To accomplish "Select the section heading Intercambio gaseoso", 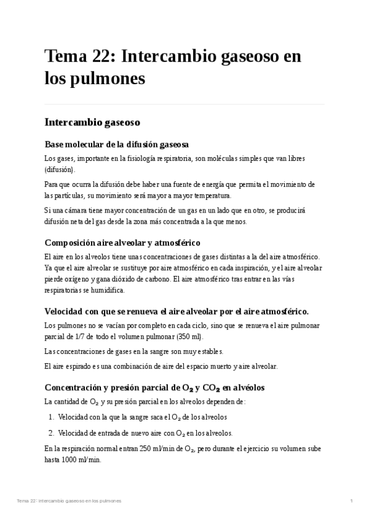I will (x=92, y=122).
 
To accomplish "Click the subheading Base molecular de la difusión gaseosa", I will (x=116, y=144).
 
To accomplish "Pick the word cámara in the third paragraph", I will (x=77, y=210).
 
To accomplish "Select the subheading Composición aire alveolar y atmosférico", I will (x=122, y=242).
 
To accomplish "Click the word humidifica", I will (x=109, y=290).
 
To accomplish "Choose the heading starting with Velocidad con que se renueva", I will (x=177, y=311).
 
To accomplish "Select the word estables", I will (x=189, y=351).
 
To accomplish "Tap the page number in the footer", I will (x=351, y=501).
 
